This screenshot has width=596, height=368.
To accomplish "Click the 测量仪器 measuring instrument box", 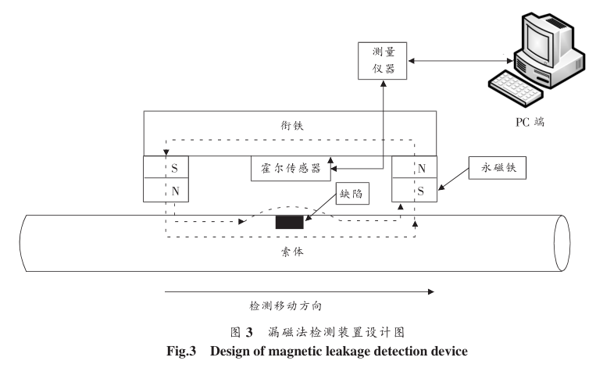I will [381, 59].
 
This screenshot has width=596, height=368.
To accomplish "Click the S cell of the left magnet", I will [166, 167].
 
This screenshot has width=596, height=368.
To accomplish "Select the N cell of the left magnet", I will [166, 190].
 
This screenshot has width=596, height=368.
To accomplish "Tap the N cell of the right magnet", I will [414, 167].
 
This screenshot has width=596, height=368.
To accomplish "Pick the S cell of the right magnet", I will [414, 190].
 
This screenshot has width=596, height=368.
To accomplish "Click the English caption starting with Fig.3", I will [298, 353].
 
